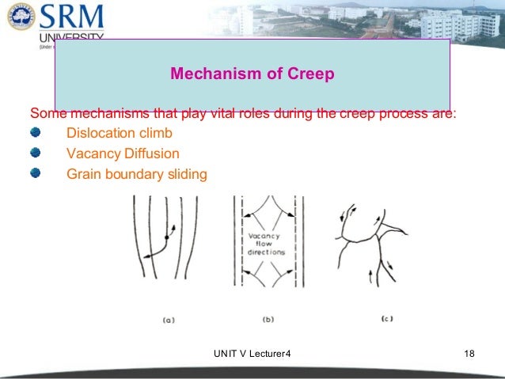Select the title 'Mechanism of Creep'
(252, 74)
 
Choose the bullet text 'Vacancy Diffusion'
(123, 153)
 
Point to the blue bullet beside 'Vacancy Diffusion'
(36, 152)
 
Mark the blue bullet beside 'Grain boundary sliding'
(36, 172)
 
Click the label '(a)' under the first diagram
(168, 320)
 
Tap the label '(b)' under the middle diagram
(268, 320)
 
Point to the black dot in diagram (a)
(166, 237)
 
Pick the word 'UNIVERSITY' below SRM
(70, 38)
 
